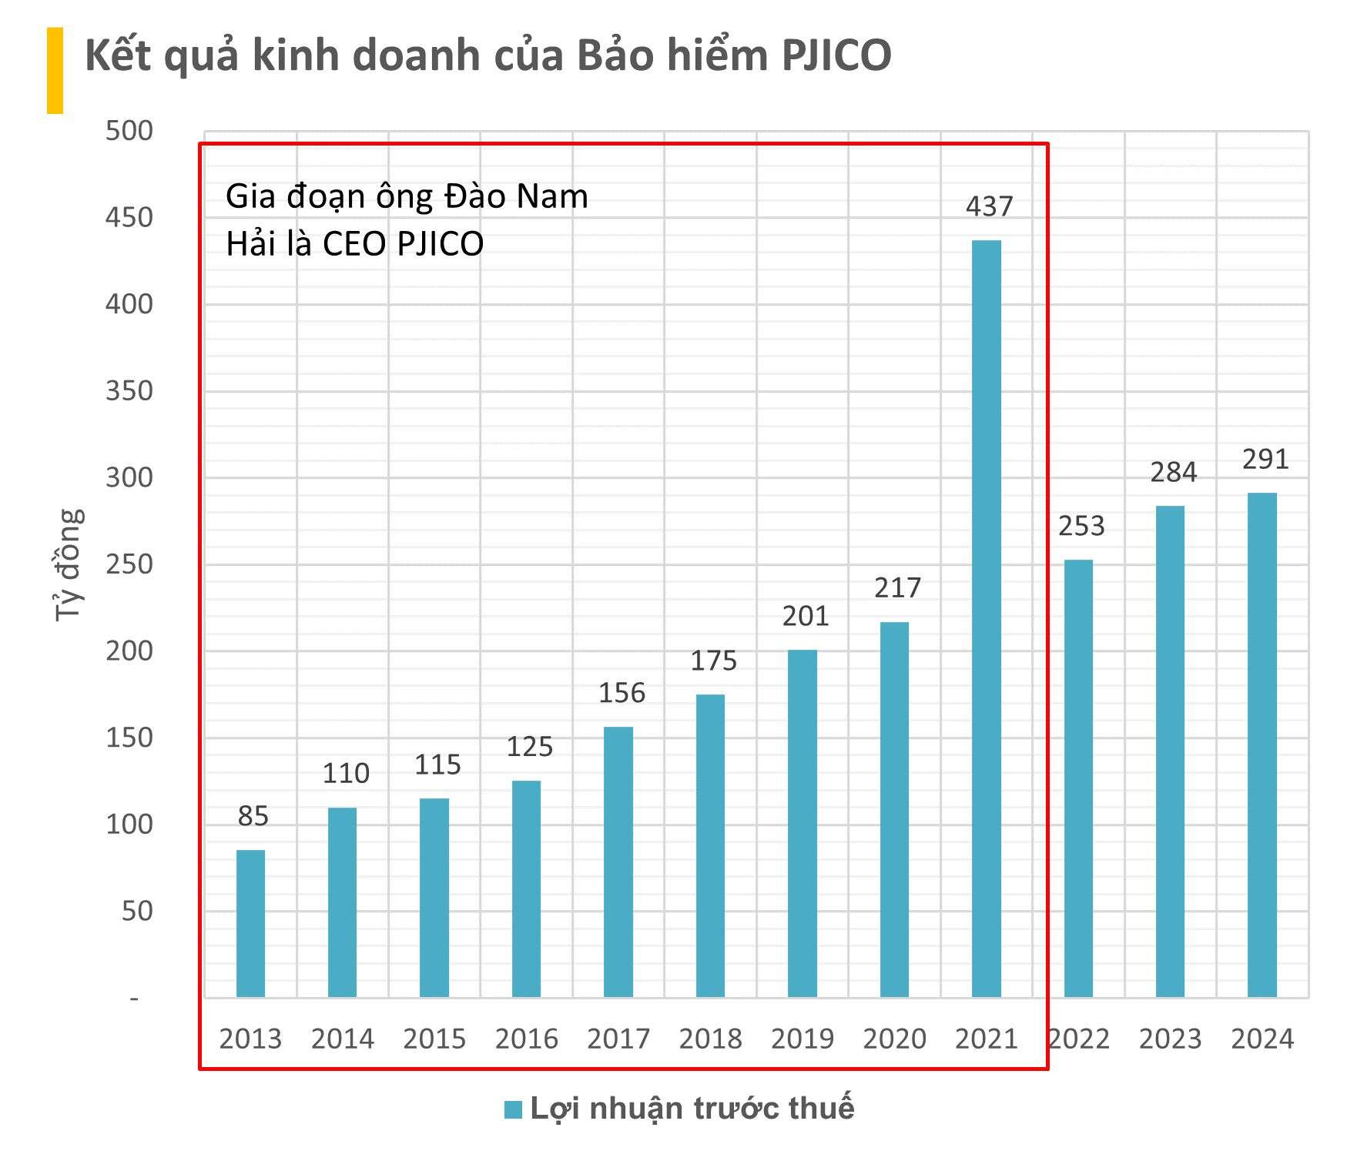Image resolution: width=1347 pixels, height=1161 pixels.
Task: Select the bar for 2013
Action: click(x=250, y=923)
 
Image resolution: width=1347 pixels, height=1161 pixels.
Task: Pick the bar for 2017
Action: click(x=618, y=862)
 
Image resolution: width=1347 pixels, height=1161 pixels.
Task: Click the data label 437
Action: click(x=990, y=206)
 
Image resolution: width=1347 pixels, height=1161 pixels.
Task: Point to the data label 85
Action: click(x=253, y=816)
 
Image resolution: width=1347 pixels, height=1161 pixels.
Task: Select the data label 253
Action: click(x=1081, y=526)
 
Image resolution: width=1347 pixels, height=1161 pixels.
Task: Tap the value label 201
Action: click(x=806, y=616)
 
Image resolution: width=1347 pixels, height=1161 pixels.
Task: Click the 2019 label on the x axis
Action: click(x=803, y=1039)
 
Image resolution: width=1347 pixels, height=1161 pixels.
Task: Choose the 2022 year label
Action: click(x=1080, y=1039)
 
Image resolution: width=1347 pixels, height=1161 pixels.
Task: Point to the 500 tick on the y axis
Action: click(x=129, y=131)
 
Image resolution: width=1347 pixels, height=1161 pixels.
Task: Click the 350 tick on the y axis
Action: click(x=129, y=391)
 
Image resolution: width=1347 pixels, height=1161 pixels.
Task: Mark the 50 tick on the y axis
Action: click(x=137, y=912)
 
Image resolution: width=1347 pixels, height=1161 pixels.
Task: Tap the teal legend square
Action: click(x=513, y=1109)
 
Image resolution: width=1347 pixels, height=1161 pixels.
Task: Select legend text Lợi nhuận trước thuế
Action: click(x=692, y=1108)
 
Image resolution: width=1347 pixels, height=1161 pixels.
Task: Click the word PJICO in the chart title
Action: click(x=836, y=55)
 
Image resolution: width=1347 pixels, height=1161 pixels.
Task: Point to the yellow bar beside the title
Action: click(x=55, y=70)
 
